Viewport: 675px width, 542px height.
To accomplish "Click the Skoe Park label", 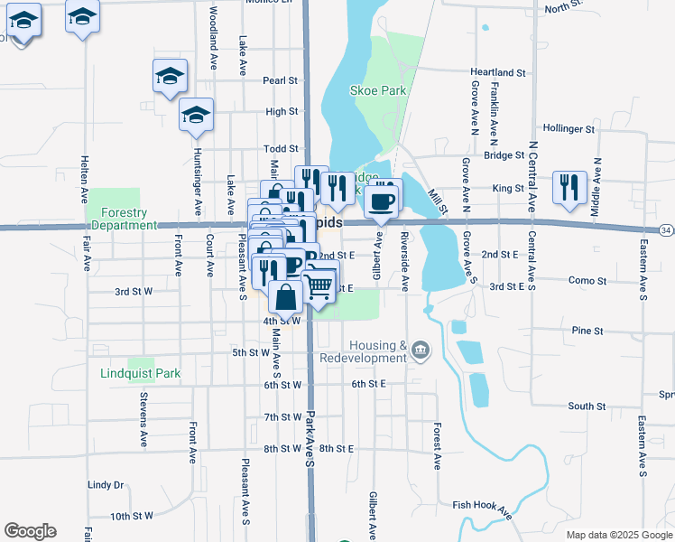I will [x=378, y=90].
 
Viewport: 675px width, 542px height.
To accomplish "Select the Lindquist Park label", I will [x=141, y=373].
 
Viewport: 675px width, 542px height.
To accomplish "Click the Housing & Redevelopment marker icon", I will [x=420, y=350].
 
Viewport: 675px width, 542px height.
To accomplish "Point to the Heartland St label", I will [x=497, y=72].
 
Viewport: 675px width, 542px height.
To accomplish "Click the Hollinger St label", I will [x=569, y=129].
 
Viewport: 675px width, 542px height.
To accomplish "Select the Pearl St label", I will [x=280, y=80].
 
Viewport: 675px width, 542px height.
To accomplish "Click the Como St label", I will [x=587, y=281].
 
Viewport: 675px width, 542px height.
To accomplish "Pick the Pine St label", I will [x=587, y=332].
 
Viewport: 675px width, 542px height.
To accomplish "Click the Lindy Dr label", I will [x=106, y=485].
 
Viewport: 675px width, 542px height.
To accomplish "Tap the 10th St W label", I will [x=133, y=516].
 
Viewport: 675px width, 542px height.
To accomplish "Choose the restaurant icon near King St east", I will [x=569, y=185].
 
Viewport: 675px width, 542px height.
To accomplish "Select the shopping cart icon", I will [x=319, y=287].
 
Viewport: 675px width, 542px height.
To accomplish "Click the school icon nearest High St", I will [x=196, y=115].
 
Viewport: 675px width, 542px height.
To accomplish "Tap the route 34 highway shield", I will [x=666, y=232].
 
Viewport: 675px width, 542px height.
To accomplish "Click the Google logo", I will [x=30, y=531].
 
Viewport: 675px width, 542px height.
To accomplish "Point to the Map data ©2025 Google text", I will [x=618, y=535].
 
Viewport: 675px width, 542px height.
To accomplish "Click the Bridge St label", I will [x=504, y=155].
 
